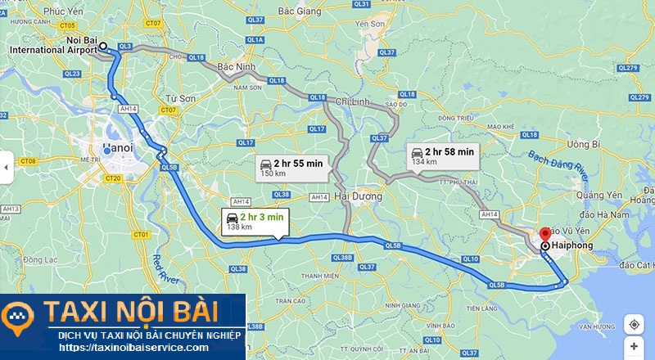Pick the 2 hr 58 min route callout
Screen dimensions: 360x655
tap(441, 155)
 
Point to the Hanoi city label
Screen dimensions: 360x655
tap(118, 149)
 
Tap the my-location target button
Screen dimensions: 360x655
tap(634, 324)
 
